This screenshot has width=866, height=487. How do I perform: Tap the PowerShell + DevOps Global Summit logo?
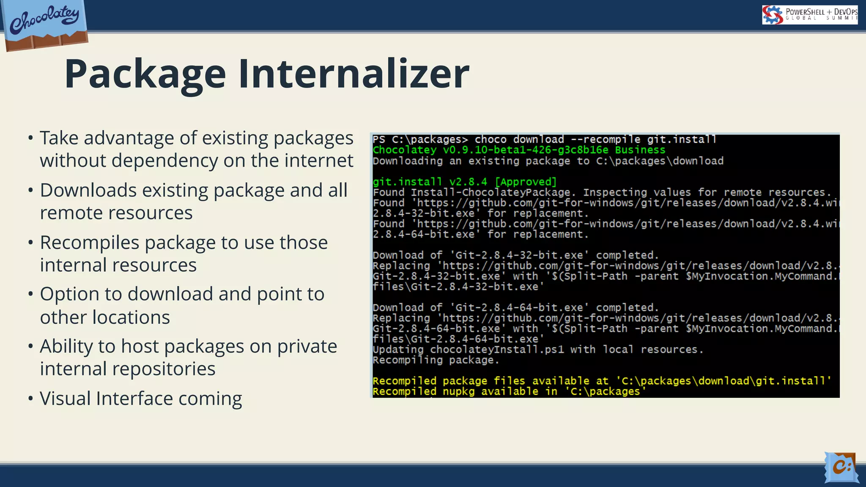pyautogui.click(x=809, y=15)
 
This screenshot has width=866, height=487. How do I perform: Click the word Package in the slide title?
pyautogui.click(x=145, y=74)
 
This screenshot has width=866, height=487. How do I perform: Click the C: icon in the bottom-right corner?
pyautogui.click(x=841, y=467)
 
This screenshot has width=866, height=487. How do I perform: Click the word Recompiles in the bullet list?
pyautogui.click(x=89, y=243)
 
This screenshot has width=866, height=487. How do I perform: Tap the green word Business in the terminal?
pyautogui.click(x=640, y=150)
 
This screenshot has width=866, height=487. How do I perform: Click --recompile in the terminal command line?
pyautogui.click(x=606, y=140)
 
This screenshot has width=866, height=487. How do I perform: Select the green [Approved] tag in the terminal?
pyautogui.click(x=526, y=182)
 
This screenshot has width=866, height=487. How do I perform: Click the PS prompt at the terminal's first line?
pyautogui.click(x=379, y=140)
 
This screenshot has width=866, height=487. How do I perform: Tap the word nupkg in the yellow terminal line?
pyautogui.click(x=458, y=391)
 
